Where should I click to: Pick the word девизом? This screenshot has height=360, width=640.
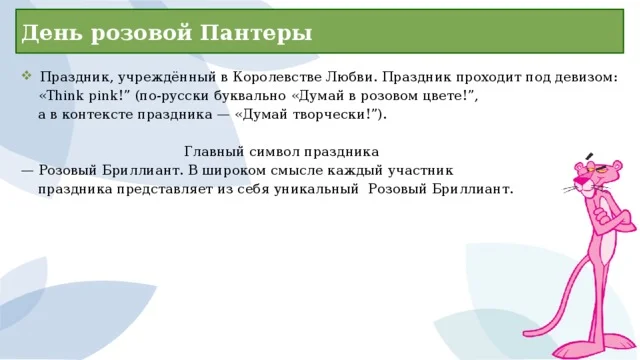coord(586,78)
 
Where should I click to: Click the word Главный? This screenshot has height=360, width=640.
coord(211,153)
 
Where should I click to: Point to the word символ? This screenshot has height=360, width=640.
coord(271,153)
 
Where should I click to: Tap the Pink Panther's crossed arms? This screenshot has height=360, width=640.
coord(605,222)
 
